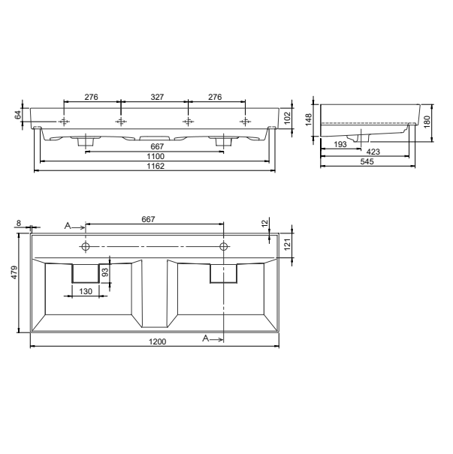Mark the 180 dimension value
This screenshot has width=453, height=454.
(427, 122)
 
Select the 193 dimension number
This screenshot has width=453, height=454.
(339, 143)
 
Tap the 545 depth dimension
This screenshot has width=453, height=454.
(367, 161)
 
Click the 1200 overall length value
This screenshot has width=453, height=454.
(156, 341)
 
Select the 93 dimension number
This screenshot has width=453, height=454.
(105, 272)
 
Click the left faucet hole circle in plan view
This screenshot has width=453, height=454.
(86, 246)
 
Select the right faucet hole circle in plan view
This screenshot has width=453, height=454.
(224, 246)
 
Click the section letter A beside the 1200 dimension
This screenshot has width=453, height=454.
(206, 339)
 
